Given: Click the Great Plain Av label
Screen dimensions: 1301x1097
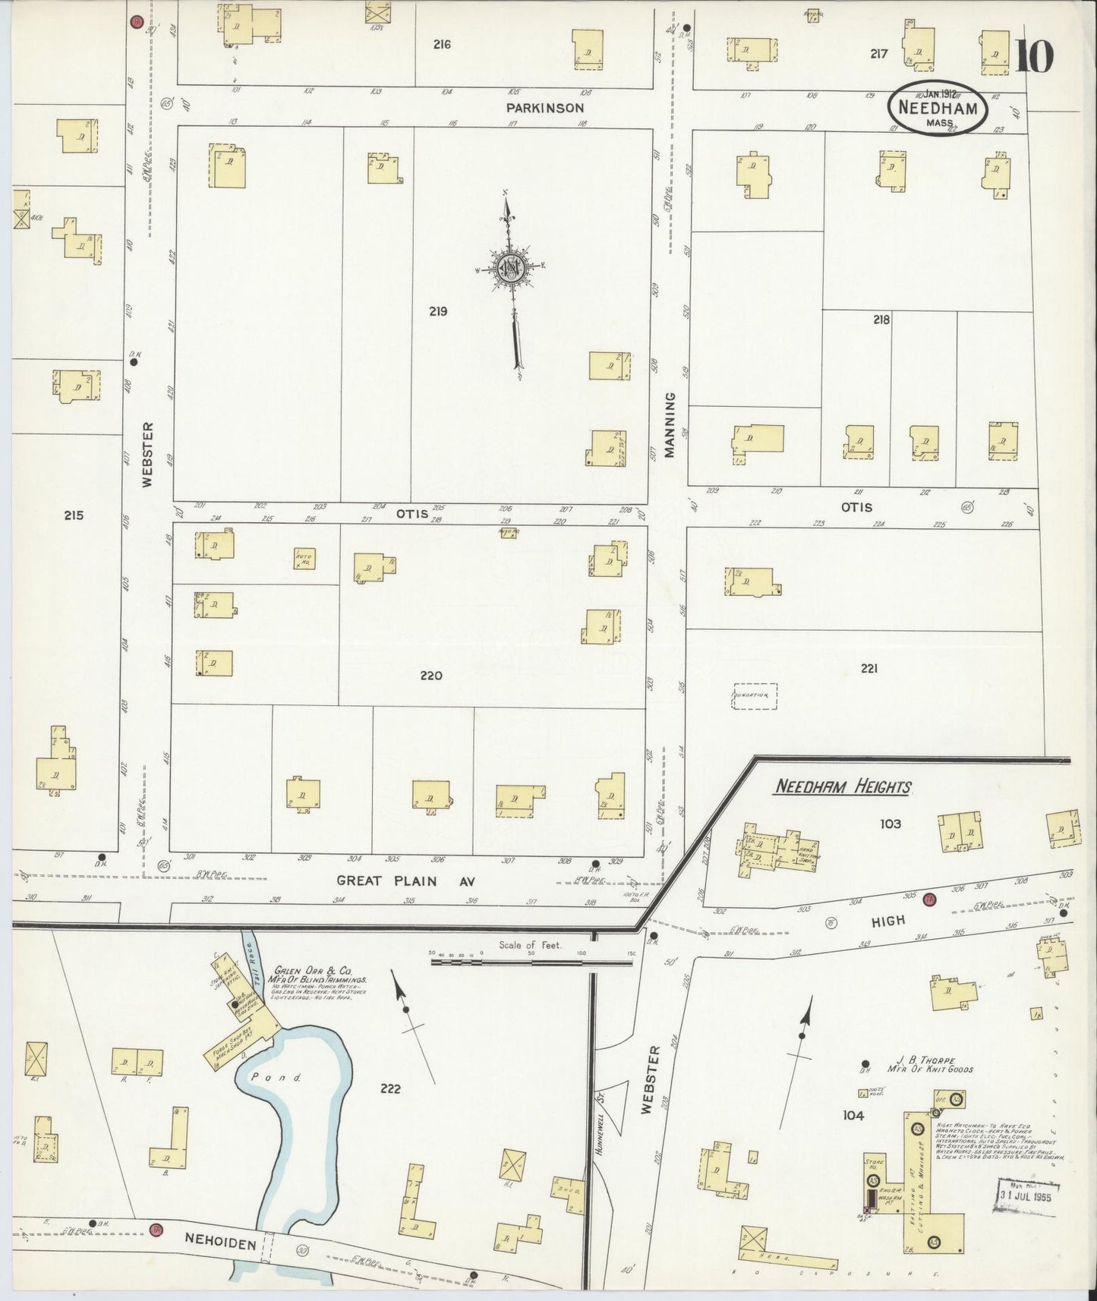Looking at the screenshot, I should [x=409, y=881].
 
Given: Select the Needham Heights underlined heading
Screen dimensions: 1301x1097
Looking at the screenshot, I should [x=841, y=787].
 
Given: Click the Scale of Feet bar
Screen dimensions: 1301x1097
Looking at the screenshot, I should [x=531, y=962].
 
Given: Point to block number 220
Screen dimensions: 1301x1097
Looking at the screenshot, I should [x=431, y=676].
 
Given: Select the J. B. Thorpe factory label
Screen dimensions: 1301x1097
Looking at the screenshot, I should [x=929, y=1064].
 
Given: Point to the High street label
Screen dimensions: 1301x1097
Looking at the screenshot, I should [x=887, y=920].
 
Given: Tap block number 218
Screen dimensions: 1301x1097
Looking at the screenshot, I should [x=881, y=320].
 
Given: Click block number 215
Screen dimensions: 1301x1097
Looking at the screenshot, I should [x=74, y=515].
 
